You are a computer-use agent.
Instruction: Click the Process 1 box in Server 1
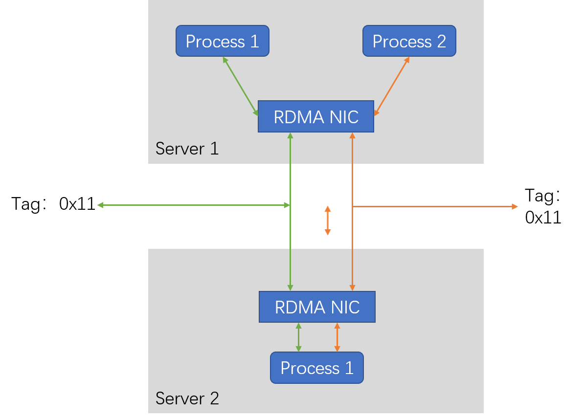222,41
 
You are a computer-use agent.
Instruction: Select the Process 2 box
409,41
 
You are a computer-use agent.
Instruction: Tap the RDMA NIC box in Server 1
315,117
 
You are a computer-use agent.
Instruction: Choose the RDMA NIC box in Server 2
317,307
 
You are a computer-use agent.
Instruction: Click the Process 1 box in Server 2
316,368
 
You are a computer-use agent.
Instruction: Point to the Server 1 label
187,148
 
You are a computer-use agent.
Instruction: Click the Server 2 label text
187,398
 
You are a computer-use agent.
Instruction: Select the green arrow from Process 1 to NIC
241,87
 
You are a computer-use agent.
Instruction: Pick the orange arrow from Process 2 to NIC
391,87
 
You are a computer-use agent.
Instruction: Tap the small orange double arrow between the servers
328,221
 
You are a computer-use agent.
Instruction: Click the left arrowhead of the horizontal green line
100,205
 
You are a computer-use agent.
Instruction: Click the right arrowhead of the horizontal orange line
515,206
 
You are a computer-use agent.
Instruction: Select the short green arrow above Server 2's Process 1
298,337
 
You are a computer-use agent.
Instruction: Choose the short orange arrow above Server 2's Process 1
337,337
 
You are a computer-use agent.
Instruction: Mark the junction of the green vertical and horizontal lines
290,205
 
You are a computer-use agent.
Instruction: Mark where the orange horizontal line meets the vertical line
352,206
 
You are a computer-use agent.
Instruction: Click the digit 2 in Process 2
441,42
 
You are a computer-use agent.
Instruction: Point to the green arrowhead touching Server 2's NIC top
290,287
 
